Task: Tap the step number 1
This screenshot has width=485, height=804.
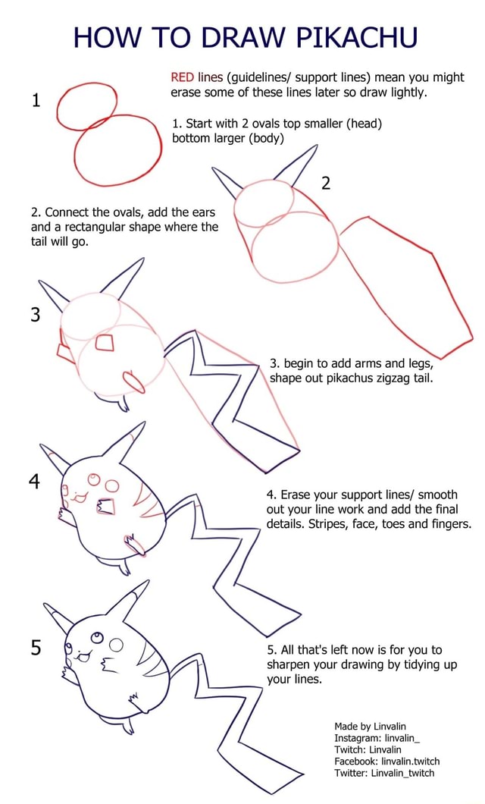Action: point(36,102)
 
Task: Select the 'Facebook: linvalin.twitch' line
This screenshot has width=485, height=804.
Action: point(386,761)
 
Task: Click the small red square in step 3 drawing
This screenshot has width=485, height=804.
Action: point(105,342)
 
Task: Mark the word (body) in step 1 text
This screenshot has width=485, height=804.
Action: point(264,139)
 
